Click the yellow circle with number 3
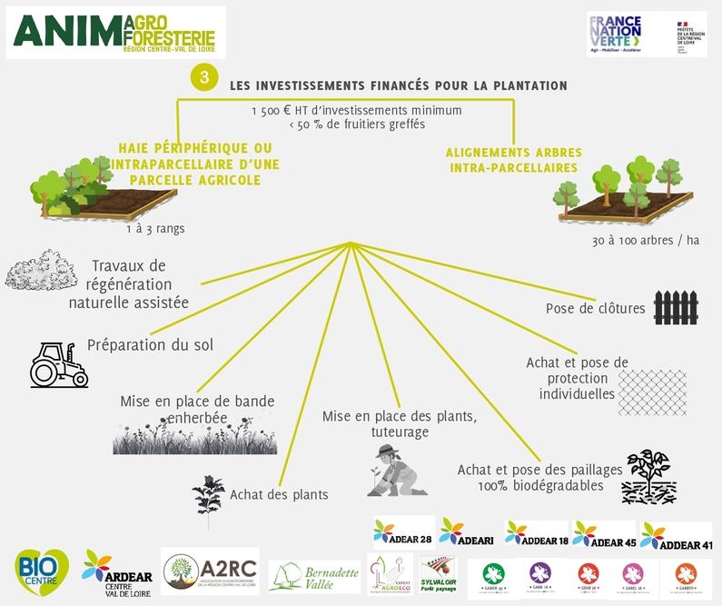(x=204, y=79)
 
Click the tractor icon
(x=57, y=364)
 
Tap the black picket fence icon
(x=675, y=308)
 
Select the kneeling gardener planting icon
(x=395, y=470)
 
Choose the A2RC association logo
(x=210, y=571)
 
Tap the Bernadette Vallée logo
(x=313, y=576)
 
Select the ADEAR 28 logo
(x=403, y=531)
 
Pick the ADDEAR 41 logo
(x=676, y=537)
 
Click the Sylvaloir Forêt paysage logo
(x=438, y=574)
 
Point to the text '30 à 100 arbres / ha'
(x=645, y=240)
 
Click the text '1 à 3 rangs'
(x=155, y=228)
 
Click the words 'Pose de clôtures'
(x=595, y=309)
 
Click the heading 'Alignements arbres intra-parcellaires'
(x=513, y=160)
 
